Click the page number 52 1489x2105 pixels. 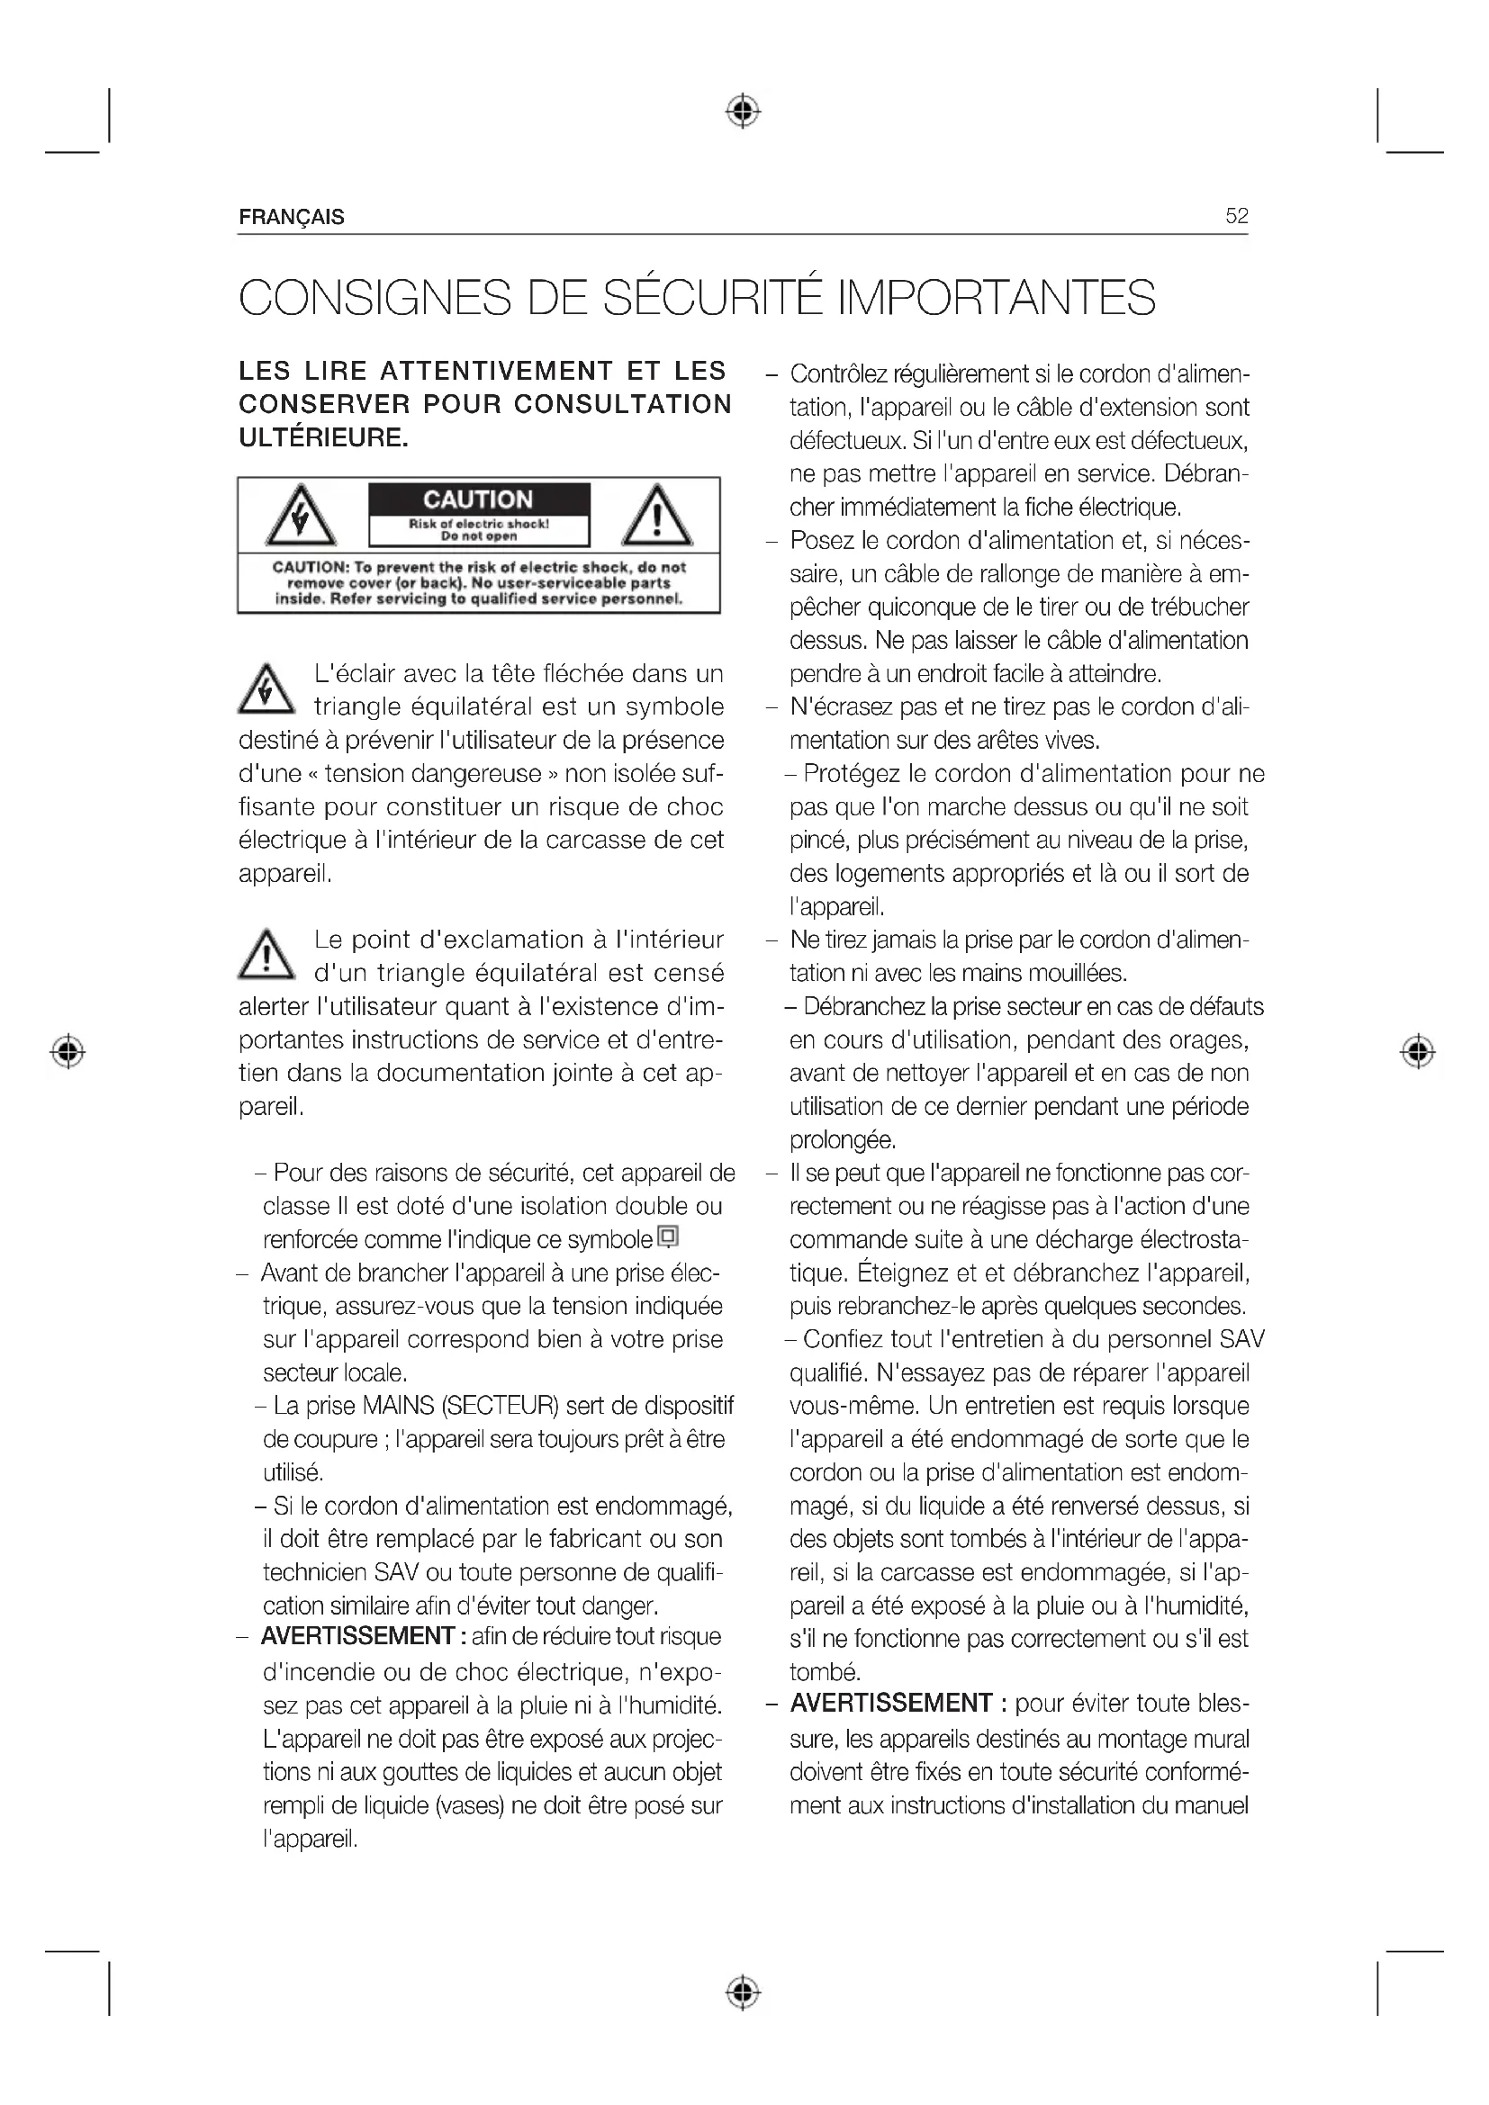tap(1236, 216)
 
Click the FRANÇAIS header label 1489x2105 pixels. tap(292, 217)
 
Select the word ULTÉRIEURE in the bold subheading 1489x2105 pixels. tap(323, 438)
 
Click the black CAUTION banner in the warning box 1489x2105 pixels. tap(479, 499)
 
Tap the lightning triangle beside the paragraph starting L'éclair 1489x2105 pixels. tap(266, 689)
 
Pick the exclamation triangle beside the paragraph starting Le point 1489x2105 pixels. tap(266, 954)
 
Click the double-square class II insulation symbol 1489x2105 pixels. tap(668, 1237)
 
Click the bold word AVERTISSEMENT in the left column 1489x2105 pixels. tap(356, 1636)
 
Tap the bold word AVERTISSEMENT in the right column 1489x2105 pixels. tap(890, 1704)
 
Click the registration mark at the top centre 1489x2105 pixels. tap(744, 111)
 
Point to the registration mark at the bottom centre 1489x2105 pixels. tap(744, 1993)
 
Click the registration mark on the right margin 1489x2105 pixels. tap(1418, 1050)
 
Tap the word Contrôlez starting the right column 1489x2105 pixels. tap(838, 374)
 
